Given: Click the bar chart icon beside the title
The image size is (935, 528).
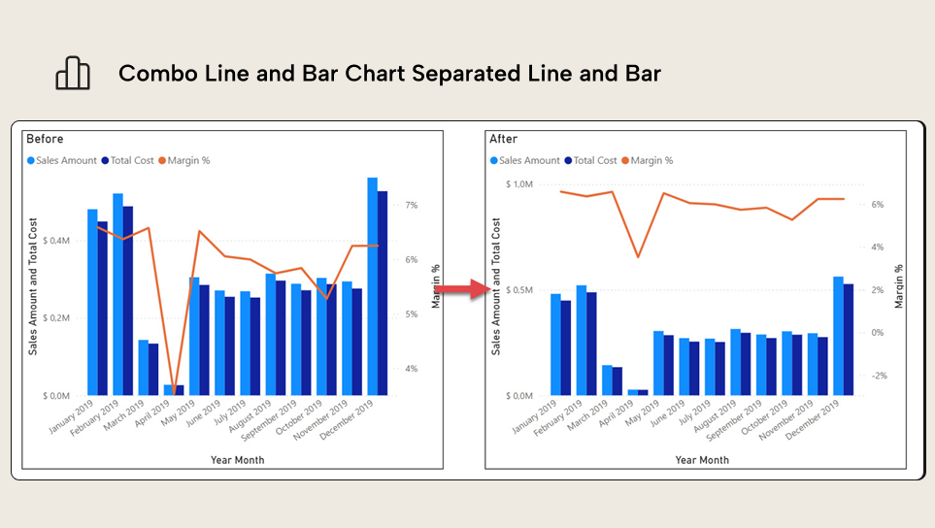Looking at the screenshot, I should click(x=73, y=74).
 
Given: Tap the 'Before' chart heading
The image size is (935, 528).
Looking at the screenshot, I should click(x=45, y=139).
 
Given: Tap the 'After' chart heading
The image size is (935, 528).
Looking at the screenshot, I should click(x=504, y=139).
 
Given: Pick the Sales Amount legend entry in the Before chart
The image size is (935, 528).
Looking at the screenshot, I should click(x=61, y=160).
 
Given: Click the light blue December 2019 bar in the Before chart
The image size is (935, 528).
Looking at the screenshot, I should click(x=372, y=286).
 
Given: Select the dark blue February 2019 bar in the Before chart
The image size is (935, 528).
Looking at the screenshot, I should click(x=128, y=301).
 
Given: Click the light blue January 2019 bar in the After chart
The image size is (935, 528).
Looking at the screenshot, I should click(x=555, y=345).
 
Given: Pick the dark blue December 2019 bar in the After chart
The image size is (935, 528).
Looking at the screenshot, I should click(x=848, y=340).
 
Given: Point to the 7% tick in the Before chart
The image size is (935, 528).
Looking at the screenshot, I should click(x=412, y=206).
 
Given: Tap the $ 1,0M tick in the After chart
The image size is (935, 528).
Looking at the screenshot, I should click(x=519, y=184).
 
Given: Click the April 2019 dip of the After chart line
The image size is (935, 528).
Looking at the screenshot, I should click(x=638, y=256).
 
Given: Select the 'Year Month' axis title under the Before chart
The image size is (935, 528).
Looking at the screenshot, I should click(x=237, y=460).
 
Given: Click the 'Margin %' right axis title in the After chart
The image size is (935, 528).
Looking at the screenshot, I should click(x=899, y=286).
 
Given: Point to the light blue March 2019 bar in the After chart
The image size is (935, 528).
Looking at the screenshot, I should click(x=607, y=380).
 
